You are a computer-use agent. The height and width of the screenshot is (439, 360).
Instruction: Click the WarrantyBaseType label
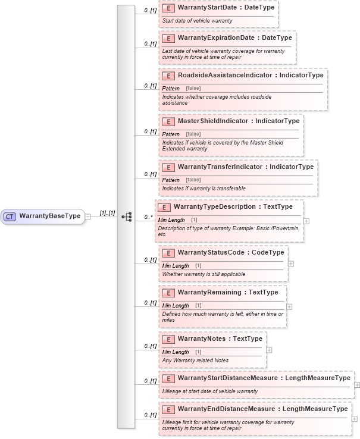(49, 216)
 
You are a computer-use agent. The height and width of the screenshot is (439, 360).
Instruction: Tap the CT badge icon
(10, 216)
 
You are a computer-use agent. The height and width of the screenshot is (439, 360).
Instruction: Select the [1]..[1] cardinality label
(107, 212)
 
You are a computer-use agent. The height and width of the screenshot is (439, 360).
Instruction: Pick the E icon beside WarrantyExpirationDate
(168, 38)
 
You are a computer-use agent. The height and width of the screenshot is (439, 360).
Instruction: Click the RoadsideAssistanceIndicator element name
(226, 76)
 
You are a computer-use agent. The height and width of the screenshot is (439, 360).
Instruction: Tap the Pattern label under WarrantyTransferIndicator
(171, 180)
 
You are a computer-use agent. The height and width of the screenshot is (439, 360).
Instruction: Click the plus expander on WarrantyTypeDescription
(306, 221)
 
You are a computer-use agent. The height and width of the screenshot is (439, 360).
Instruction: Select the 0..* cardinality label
(149, 217)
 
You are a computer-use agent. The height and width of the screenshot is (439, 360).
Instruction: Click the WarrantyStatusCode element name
(211, 253)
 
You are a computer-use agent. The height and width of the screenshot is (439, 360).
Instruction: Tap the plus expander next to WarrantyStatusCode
(291, 264)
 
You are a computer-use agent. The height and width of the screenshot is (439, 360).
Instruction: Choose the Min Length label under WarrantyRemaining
(176, 305)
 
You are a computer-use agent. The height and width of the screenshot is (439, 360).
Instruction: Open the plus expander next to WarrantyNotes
(269, 350)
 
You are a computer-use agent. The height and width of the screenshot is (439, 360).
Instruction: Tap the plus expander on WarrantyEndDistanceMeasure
(355, 419)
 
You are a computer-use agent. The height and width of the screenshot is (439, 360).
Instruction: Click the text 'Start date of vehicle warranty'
(197, 21)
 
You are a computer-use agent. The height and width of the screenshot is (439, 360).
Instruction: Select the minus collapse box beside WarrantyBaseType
(87, 217)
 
